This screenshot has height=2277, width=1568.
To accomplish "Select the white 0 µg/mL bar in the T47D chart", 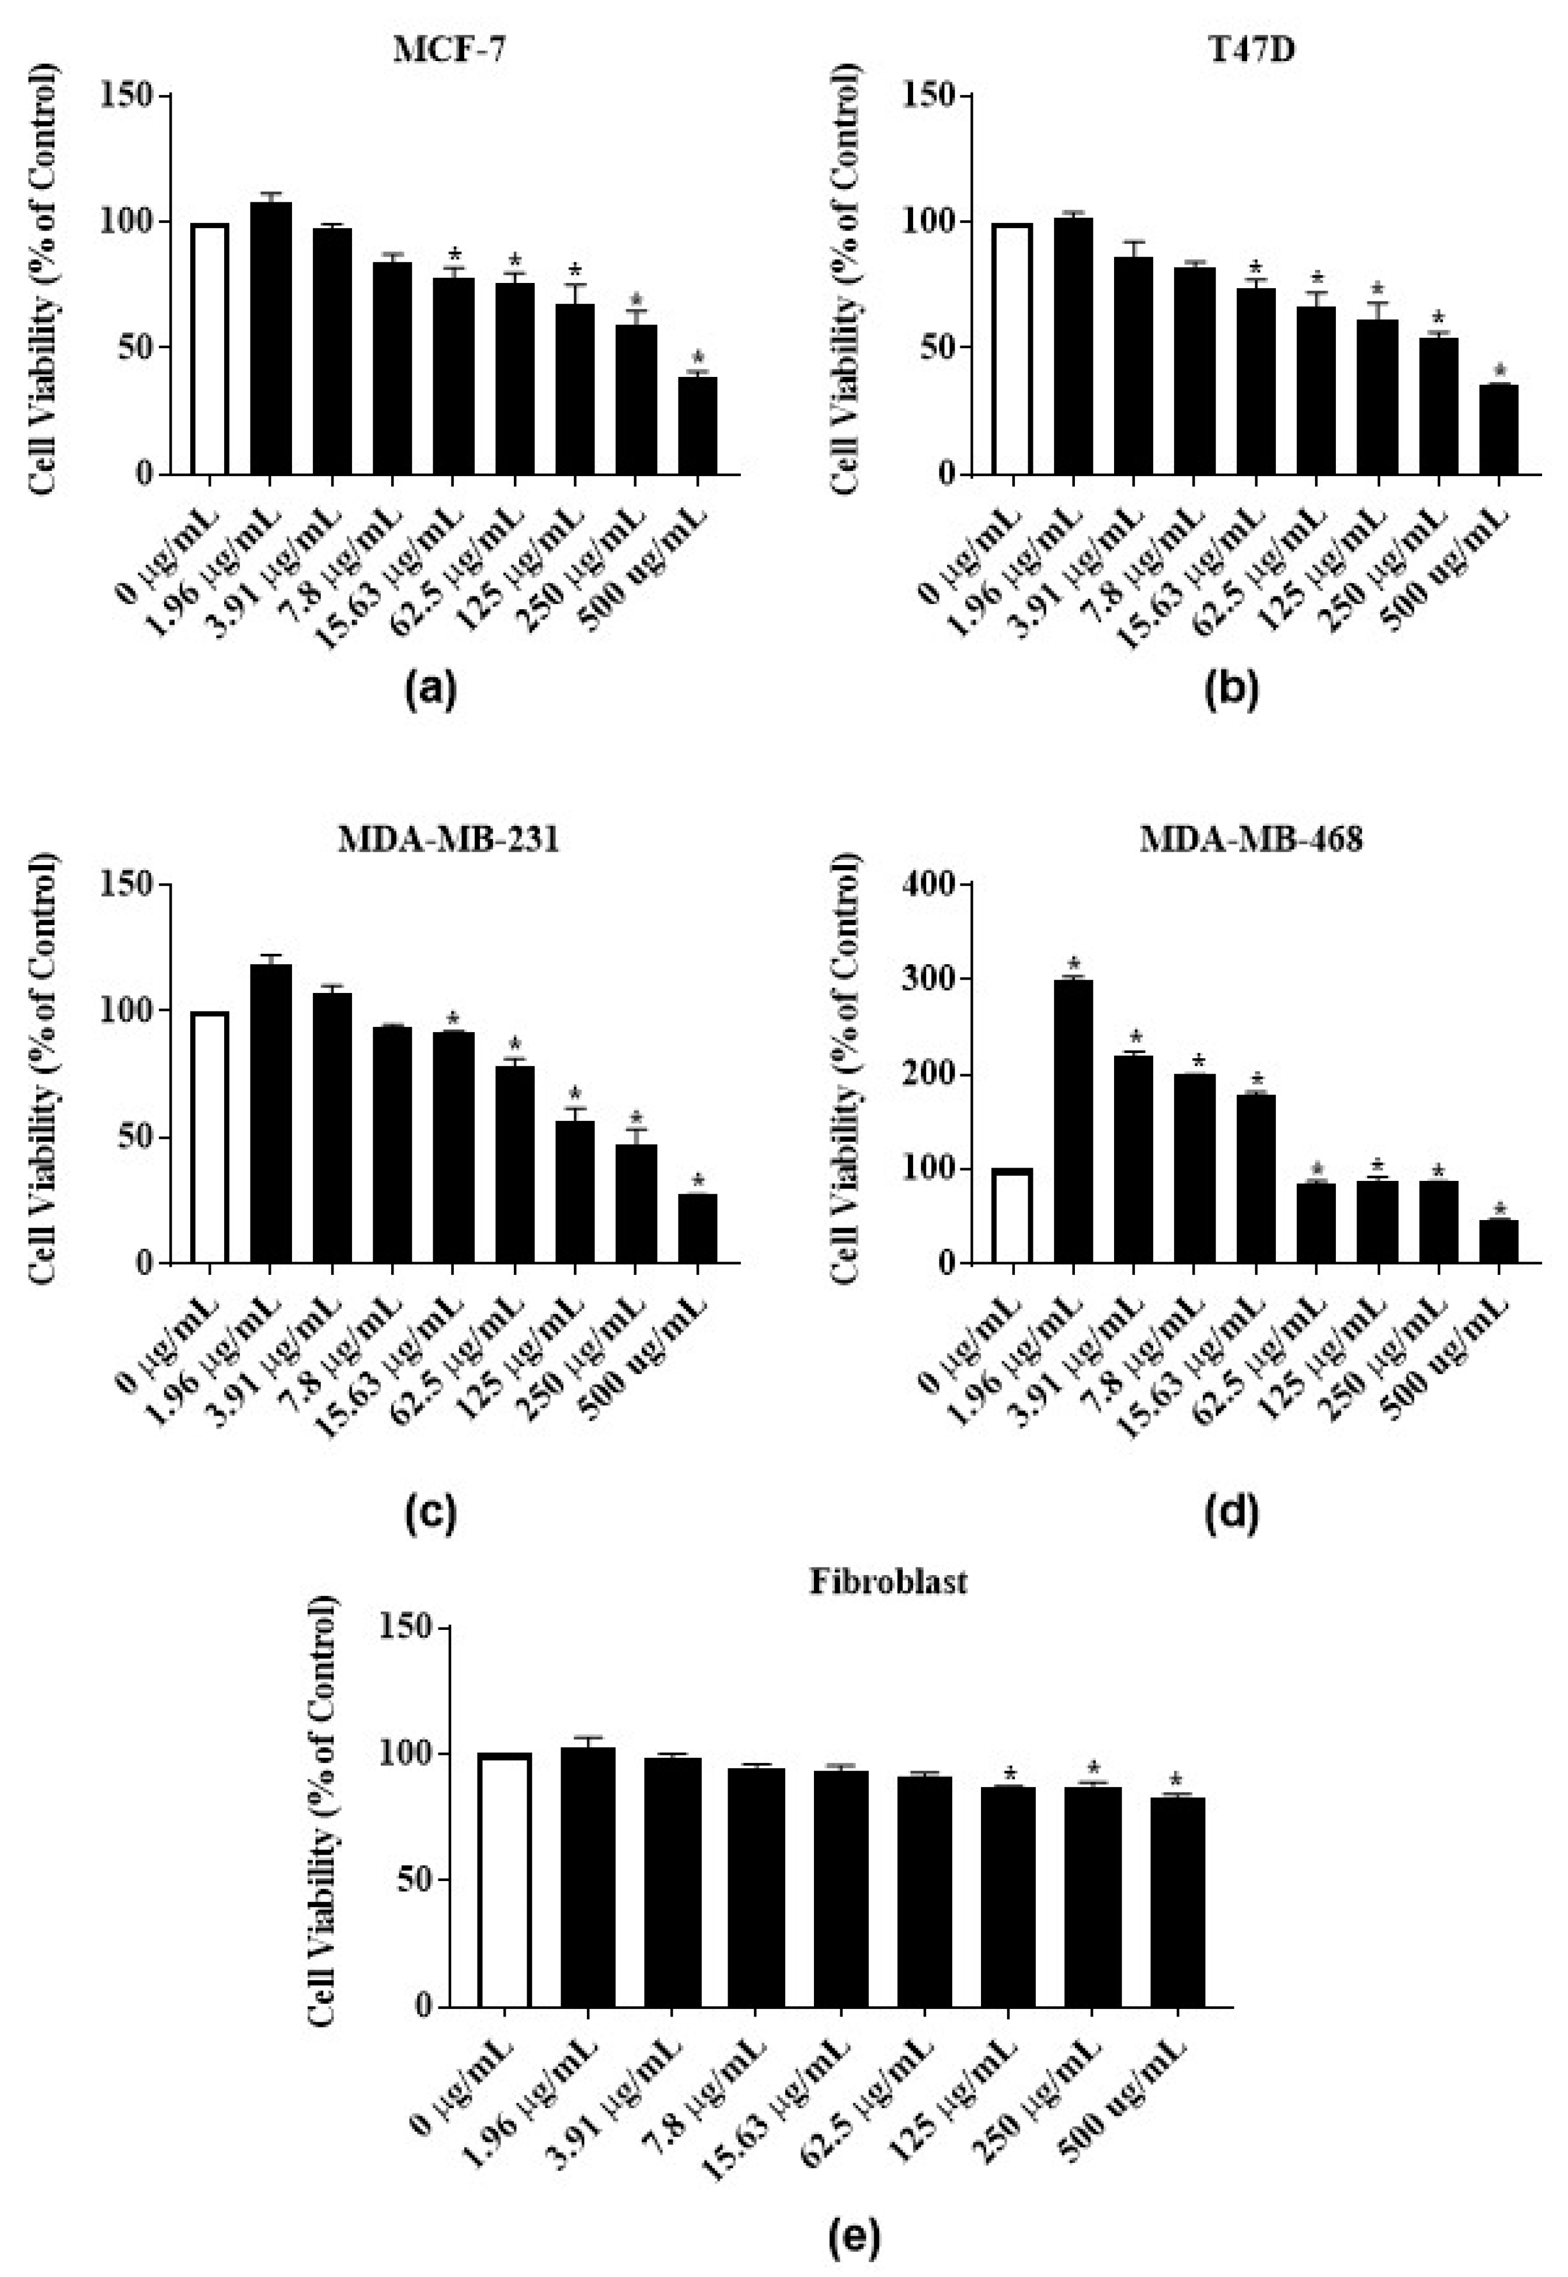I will point(1012,349).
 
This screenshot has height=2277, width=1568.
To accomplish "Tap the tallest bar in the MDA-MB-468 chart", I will point(1073,1120).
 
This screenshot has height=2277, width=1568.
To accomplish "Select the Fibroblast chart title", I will point(888,1582).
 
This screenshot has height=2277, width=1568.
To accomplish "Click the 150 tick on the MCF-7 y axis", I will point(138,95).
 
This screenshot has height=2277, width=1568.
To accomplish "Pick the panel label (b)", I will point(1231,690).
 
